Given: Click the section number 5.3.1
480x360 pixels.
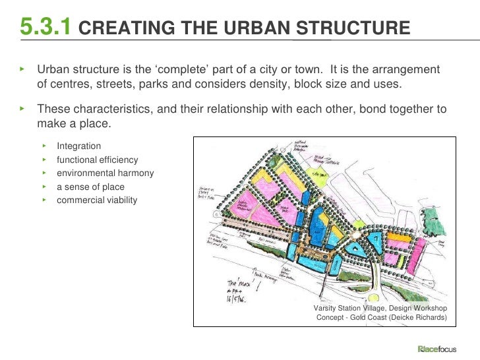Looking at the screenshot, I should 45,26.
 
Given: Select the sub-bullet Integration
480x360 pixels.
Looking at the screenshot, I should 79,145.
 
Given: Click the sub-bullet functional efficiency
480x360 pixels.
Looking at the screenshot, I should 97,159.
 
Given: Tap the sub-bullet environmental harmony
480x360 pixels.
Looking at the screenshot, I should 105,173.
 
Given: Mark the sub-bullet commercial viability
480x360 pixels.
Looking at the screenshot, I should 97,199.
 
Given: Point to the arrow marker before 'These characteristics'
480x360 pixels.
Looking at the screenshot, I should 22,108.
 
